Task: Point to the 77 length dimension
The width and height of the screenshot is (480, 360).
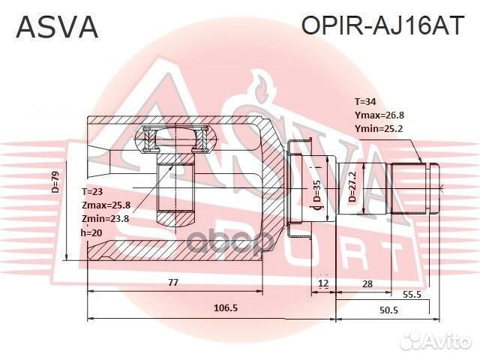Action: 172,282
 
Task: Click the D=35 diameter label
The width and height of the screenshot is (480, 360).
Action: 317,193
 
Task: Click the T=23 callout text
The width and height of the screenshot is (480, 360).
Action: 94,193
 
